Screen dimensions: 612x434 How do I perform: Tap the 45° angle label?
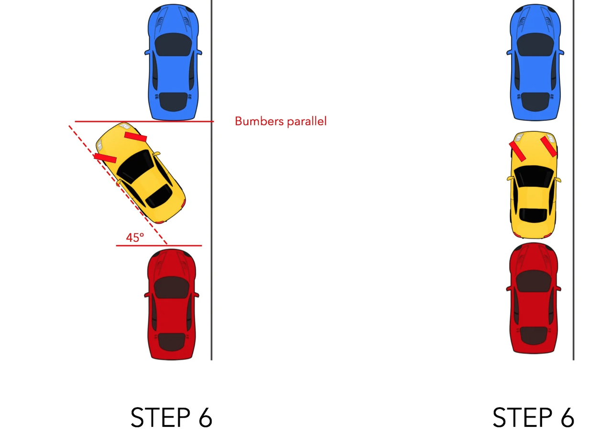[x=135, y=238]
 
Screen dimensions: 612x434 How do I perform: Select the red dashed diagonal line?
[x=118, y=185]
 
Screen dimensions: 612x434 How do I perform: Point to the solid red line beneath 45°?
[x=159, y=245]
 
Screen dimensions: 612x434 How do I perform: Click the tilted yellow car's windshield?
[x=135, y=166]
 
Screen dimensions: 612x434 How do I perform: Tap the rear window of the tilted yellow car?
[x=159, y=195]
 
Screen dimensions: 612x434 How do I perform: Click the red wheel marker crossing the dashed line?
[x=105, y=158]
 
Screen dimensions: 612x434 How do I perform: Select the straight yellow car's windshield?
[x=534, y=176]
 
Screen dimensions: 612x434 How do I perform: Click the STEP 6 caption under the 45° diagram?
[x=171, y=417]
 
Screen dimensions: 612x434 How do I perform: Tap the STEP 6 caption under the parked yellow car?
[x=533, y=417]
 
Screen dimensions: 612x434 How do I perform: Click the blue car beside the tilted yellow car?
[x=173, y=62]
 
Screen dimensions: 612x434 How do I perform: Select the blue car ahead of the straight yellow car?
[x=535, y=62]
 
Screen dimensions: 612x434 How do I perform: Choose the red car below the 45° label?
[x=172, y=304]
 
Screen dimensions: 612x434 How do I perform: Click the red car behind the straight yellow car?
[x=534, y=298]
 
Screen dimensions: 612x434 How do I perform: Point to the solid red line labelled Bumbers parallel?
[x=144, y=121]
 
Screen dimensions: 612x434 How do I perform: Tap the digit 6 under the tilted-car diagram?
[x=206, y=417]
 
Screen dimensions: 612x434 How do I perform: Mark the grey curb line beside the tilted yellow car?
[x=211, y=180]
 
